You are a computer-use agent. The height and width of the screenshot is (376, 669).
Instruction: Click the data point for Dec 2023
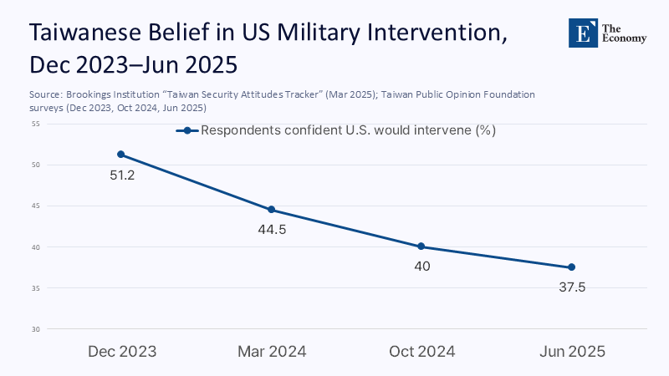pos(121,155)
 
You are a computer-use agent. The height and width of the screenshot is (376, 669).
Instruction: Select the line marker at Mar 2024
pos(272,210)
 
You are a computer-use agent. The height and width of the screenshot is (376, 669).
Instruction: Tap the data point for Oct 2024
pos(421,246)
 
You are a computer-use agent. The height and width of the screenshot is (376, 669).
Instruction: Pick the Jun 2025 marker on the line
pos(571,267)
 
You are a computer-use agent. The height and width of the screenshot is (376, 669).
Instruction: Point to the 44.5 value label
pos(273,230)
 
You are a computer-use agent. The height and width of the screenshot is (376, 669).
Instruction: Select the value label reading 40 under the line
pos(421,267)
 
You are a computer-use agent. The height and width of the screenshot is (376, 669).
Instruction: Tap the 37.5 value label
pos(572,287)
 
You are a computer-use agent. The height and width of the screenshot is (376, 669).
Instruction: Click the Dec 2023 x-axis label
pos(122,352)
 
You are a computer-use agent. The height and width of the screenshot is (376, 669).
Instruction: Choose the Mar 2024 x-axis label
pos(272,352)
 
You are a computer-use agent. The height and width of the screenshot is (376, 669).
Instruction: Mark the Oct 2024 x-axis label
pos(422,352)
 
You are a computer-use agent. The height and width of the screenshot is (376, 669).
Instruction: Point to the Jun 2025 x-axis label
pos(572,352)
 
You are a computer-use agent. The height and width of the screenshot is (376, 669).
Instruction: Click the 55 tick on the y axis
pos(36,124)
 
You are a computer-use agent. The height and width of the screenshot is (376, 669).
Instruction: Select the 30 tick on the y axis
pos(36,329)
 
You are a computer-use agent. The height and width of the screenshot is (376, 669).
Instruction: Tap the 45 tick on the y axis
pos(36,206)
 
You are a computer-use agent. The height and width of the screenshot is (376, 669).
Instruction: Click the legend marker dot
pos(188,131)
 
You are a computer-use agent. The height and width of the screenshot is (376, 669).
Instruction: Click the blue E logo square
pos(584,33)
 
